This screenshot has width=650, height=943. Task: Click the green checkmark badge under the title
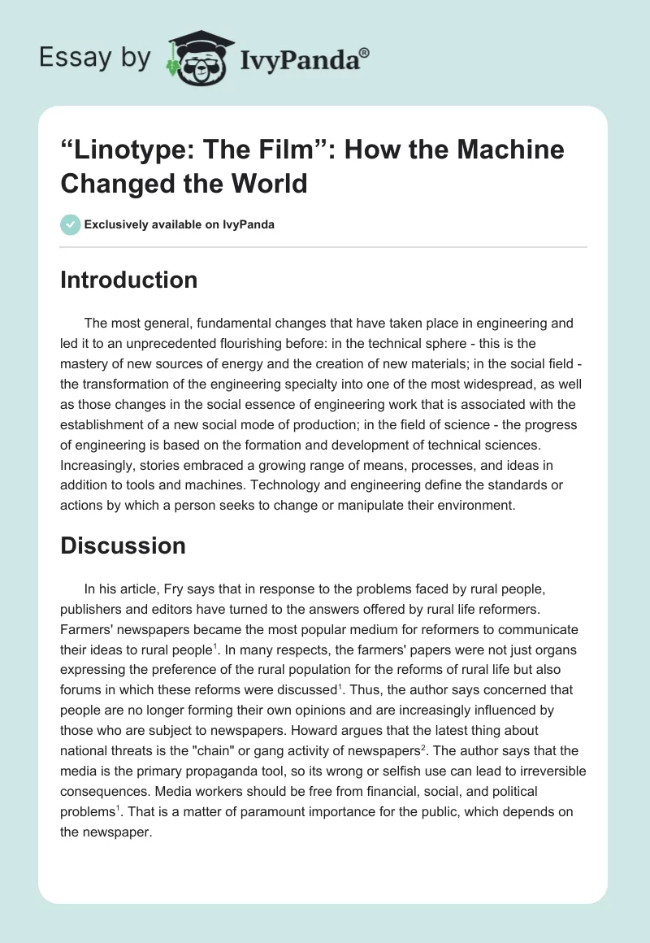coord(71,224)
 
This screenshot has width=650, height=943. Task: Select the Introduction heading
coord(129,280)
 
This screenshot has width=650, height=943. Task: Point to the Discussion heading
coord(123,545)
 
